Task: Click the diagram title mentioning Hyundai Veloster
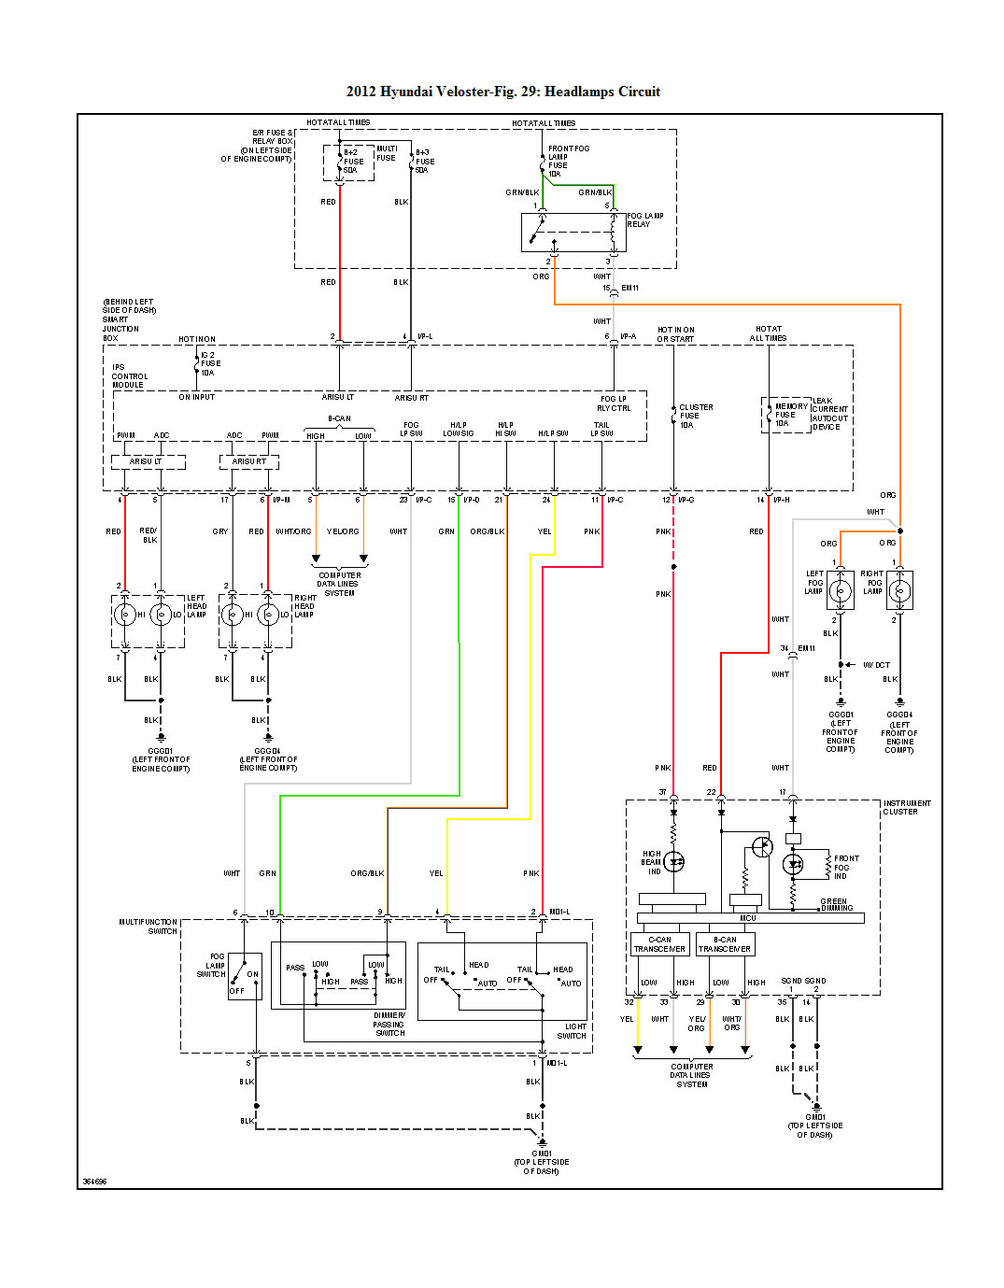(x=502, y=92)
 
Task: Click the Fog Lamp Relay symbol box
(x=572, y=232)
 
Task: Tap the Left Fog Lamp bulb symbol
(x=841, y=590)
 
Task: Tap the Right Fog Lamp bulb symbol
(x=899, y=590)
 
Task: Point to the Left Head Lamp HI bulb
(x=125, y=615)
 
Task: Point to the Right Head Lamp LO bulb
(x=269, y=615)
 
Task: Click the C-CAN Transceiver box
(x=659, y=944)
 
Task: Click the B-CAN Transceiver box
(x=725, y=944)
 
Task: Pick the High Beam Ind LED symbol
(x=673, y=862)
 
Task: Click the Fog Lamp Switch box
(x=245, y=976)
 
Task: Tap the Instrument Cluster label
(x=906, y=807)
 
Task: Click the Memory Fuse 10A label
(x=790, y=415)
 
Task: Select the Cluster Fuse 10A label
(x=695, y=416)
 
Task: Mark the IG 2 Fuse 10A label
(x=209, y=363)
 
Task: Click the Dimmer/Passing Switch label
(x=389, y=1024)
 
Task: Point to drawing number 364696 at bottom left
(x=94, y=1182)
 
